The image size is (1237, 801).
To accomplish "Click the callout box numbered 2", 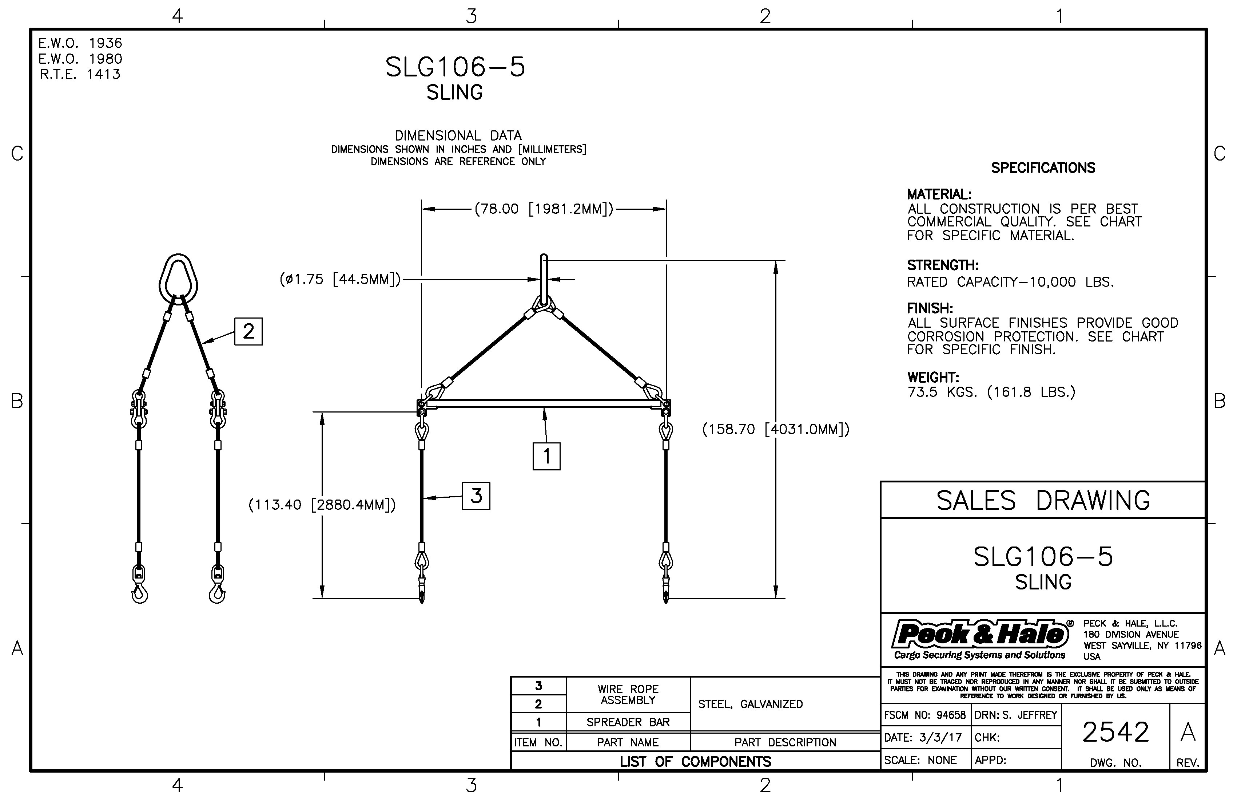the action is click(x=248, y=331).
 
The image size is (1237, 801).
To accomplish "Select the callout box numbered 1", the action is click(x=546, y=456).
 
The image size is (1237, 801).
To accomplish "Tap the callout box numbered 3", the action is click(x=476, y=496).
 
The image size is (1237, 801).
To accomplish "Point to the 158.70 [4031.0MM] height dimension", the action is click(x=775, y=430).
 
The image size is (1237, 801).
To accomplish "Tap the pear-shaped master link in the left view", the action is click(x=178, y=278).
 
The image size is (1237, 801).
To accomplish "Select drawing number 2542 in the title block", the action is click(x=1115, y=732).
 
